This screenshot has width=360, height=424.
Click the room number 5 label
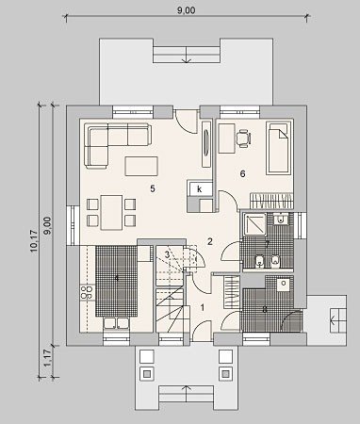(153, 188)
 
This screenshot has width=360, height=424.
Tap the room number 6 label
(242, 173)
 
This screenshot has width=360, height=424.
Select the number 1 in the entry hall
(203, 307)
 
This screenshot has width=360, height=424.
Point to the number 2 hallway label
(210, 241)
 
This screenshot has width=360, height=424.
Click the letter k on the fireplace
(199, 189)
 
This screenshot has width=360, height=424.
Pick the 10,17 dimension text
(34, 241)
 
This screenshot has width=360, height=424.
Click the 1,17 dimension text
(47, 358)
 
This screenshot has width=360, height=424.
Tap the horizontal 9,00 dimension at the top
(186, 10)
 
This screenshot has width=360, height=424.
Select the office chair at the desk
(244, 139)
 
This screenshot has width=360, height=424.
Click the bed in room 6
(279, 148)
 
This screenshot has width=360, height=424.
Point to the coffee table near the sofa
(141, 166)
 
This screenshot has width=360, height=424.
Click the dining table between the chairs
(111, 212)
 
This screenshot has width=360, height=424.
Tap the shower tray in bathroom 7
(254, 224)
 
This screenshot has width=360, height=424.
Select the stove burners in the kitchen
(88, 292)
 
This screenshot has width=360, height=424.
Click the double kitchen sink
(116, 323)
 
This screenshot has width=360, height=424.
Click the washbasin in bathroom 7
(280, 219)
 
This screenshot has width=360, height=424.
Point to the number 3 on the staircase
(168, 254)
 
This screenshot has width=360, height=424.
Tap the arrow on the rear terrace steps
(187, 55)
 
